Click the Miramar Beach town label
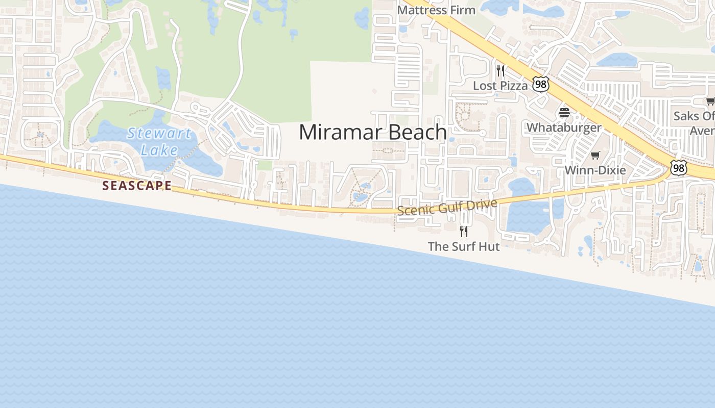tap(373, 132)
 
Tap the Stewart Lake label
tap(159, 142)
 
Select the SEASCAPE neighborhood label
tap(137, 186)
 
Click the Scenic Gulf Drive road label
tap(447, 207)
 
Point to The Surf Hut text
tap(463, 246)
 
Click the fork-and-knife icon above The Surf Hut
tap(463, 231)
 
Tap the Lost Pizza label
tap(500, 86)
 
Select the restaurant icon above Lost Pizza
tap(500, 70)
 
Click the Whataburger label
tap(564, 127)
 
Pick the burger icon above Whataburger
tap(564, 112)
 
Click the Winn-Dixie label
tap(595, 170)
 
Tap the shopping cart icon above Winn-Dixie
tap(595, 155)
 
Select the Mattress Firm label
tap(436, 10)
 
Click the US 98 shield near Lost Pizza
tap(540, 84)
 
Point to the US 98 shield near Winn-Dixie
tap(679, 168)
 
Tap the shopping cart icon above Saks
tap(710, 101)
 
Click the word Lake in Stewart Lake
tap(159, 150)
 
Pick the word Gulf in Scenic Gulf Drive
tap(454, 207)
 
